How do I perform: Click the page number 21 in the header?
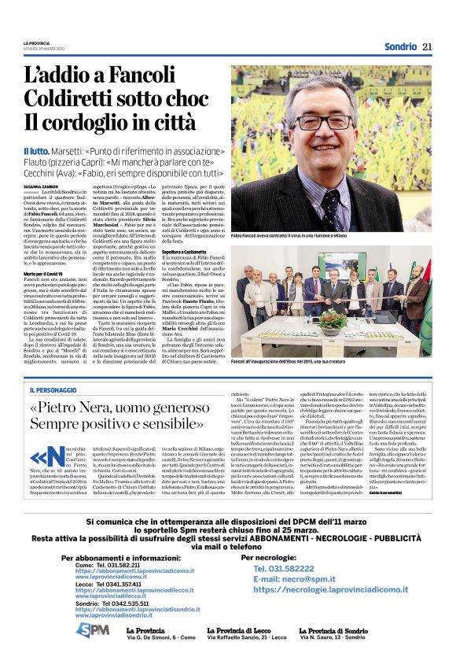427,46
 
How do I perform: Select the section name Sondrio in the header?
400,46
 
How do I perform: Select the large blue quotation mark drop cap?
39,459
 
